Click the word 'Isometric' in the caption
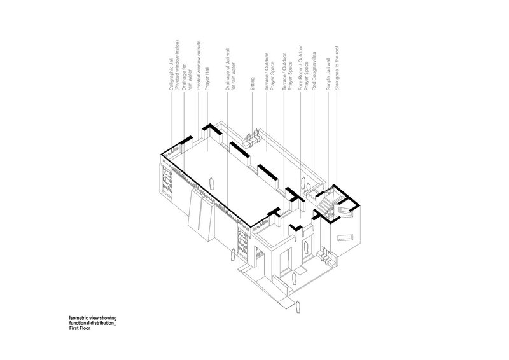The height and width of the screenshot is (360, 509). (80, 316)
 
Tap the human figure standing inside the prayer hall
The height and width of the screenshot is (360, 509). (212, 184)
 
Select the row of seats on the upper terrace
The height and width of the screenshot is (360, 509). (252, 136)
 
